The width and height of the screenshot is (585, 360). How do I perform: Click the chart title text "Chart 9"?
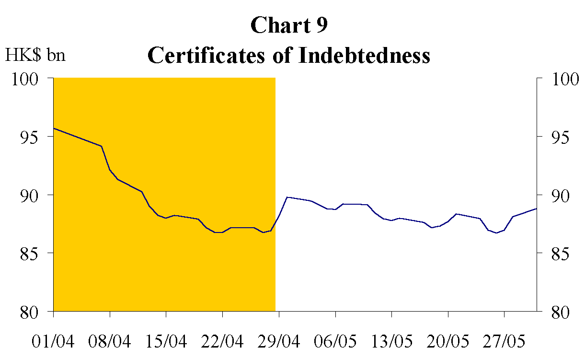[x=289, y=25]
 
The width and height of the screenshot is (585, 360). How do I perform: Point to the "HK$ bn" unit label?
[x=35, y=55]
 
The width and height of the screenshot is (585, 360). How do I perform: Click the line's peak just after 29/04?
[x=287, y=197]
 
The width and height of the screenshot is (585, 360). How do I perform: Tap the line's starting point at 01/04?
[x=54, y=128]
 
